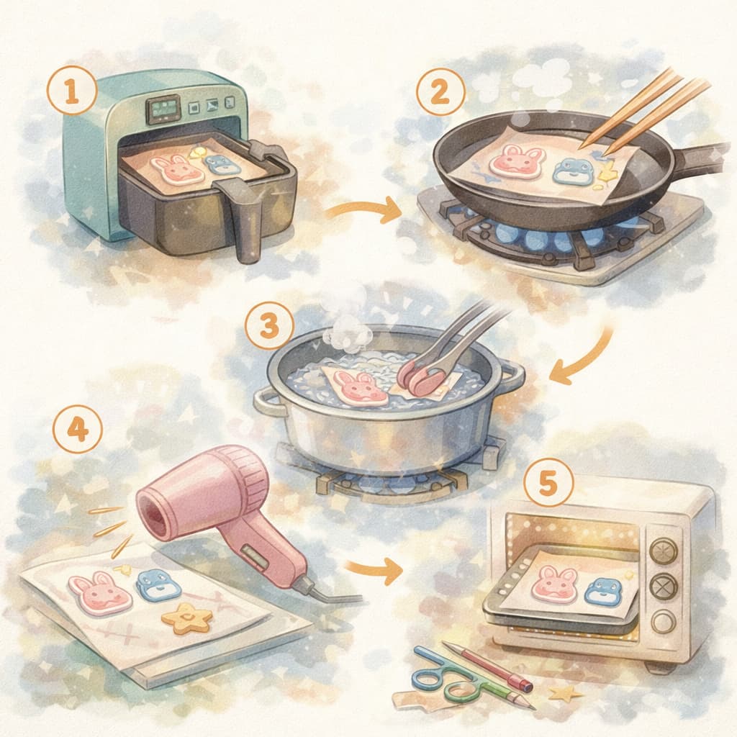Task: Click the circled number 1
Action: click(73, 91)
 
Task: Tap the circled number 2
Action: click(440, 92)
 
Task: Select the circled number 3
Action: click(270, 326)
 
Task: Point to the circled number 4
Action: click(78, 429)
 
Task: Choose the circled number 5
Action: click(549, 482)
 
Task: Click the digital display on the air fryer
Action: click(163, 109)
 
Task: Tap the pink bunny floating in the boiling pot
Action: click(360, 387)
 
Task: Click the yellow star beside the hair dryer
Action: click(186, 617)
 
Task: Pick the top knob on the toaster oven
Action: click(664, 550)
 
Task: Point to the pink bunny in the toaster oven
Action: click(556, 581)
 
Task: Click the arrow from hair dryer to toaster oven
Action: click(374, 569)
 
